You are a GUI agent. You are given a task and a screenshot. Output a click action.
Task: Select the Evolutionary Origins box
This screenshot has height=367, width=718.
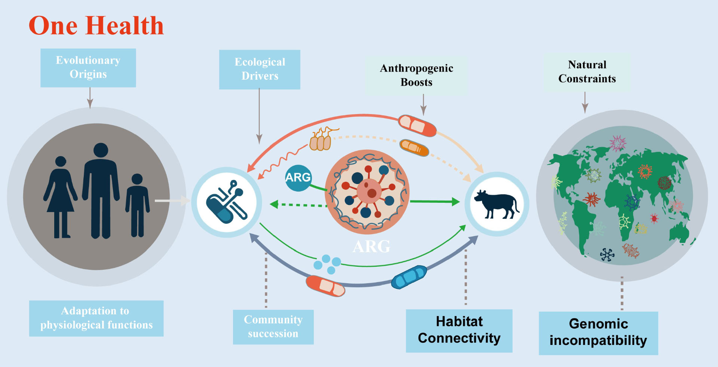(88, 68)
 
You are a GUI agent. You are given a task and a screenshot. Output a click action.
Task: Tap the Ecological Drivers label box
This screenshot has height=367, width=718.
(260, 69)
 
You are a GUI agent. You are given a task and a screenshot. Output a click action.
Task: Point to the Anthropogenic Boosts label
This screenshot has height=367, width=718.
(416, 75)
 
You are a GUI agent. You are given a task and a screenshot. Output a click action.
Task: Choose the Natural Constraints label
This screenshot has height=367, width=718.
(587, 72)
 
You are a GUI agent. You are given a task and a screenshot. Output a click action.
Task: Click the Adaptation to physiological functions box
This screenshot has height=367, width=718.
(96, 318)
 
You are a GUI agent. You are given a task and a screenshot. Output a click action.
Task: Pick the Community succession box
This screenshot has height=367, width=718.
(273, 327)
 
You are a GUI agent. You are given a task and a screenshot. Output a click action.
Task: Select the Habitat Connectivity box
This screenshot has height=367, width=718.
(459, 330)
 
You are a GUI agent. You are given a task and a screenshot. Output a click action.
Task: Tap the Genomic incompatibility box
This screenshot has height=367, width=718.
(598, 333)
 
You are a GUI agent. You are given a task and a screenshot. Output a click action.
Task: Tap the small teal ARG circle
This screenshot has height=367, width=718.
(298, 178)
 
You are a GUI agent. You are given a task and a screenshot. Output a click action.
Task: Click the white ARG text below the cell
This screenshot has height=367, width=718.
(371, 247)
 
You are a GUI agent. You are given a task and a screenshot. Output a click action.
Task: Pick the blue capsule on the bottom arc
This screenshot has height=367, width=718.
(409, 277)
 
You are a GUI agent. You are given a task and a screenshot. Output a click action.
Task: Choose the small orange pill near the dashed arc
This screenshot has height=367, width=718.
(414, 147)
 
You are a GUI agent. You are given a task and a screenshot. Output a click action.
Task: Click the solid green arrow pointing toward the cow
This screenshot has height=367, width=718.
(435, 202)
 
